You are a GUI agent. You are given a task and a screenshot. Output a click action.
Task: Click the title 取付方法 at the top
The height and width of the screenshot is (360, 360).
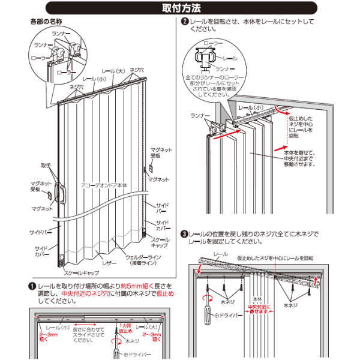pos(181,9)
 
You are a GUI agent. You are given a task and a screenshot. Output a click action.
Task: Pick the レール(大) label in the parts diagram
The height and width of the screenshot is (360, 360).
pos(112,71)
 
